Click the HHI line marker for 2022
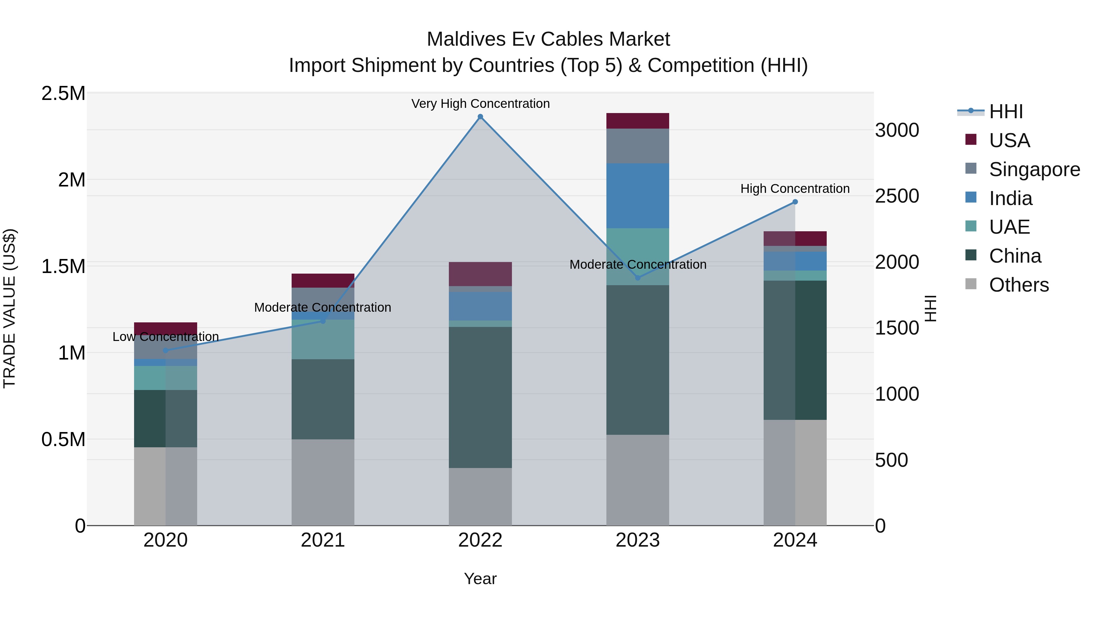(x=480, y=117)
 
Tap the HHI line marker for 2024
(x=795, y=202)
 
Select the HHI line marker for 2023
(x=637, y=278)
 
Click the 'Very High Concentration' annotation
(x=480, y=104)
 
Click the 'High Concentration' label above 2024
(x=795, y=188)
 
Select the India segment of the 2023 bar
(x=637, y=196)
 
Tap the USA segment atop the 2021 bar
(x=323, y=281)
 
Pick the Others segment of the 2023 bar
(x=637, y=480)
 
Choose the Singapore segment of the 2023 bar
(x=637, y=146)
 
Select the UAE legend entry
(x=1009, y=227)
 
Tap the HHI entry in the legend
(x=1006, y=112)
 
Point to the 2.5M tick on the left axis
(x=63, y=93)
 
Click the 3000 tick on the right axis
(x=897, y=130)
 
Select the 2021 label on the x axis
(x=323, y=540)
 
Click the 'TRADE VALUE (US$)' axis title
(x=9, y=308)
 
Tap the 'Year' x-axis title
(x=480, y=579)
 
